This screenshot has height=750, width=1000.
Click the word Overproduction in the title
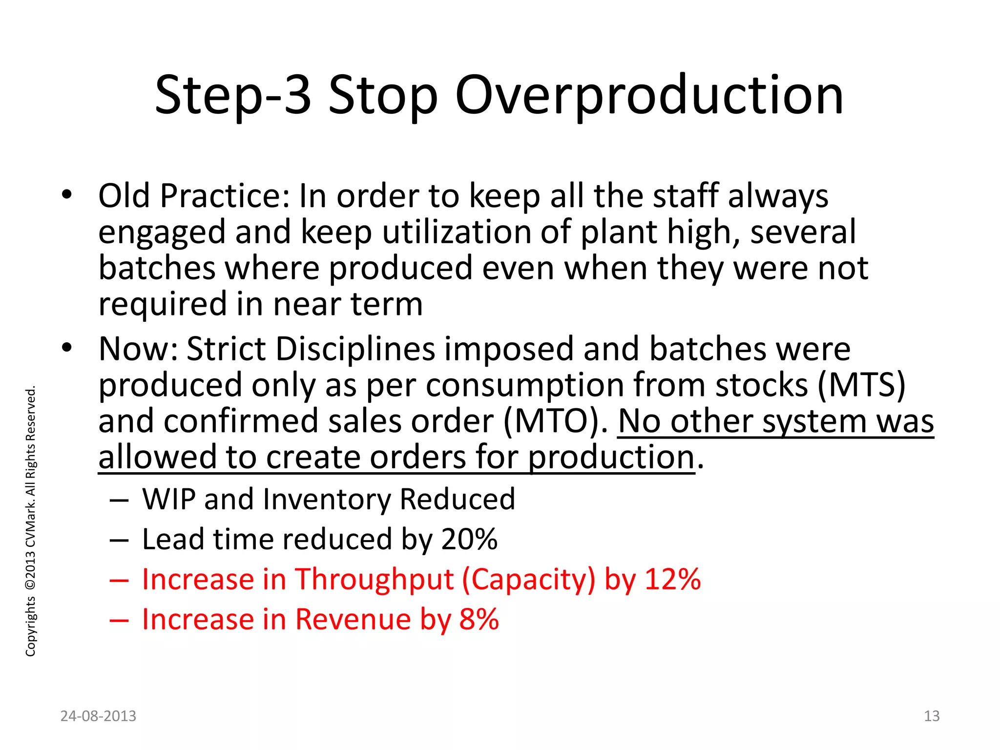pyautogui.click(x=649, y=95)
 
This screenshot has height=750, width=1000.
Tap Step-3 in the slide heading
pyautogui.click(x=233, y=95)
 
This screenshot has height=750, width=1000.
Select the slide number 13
pyautogui.click(x=932, y=716)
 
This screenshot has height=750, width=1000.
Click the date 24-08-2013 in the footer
pyautogui.click(x=98, y=716)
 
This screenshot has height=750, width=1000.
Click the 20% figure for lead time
pyautogui.click(x=469, y=539)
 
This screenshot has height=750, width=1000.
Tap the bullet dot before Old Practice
pyautogui.click(x=67, y=195)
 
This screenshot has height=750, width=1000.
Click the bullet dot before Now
pyautogui.click(x=67, y=348)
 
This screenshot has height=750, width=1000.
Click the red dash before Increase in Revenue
pyautogui.click(x=119, y=620)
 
